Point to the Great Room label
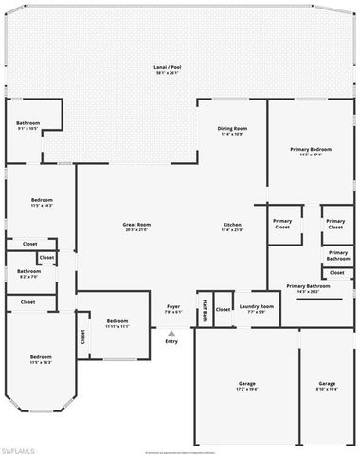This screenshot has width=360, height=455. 138,227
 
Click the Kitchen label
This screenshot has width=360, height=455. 232,227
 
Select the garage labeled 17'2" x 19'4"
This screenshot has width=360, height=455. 246,387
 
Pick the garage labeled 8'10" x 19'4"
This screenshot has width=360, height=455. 328,387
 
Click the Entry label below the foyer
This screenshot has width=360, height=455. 171,341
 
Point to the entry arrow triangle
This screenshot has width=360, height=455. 171,333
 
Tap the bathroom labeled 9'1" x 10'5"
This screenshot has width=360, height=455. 27,126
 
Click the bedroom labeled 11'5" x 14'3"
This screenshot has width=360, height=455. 42,203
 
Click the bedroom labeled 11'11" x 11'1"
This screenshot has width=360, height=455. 117,322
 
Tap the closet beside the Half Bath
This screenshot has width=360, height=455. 223,310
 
